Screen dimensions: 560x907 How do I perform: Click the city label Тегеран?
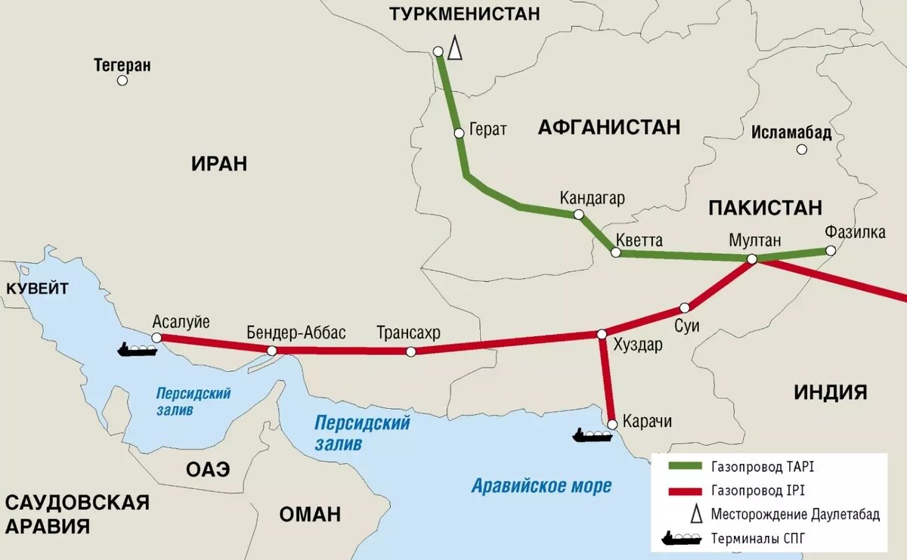point(122,65)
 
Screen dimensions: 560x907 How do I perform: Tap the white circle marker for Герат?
point(459,133)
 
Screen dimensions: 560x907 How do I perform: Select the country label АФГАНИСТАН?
point(609,127)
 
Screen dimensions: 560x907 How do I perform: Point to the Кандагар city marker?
point(579,215)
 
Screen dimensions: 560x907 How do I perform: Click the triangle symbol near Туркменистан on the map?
point(454,48)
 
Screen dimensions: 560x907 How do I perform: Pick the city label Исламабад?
point(791,134)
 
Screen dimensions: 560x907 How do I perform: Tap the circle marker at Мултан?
point(752,259)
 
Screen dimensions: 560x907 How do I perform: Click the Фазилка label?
point(856,232)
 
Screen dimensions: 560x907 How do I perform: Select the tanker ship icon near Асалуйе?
point(137,349)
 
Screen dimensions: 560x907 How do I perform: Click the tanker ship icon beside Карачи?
point(592,435)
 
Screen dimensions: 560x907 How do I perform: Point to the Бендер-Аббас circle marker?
point(271,351)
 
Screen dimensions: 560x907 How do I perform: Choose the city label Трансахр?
point(408,333)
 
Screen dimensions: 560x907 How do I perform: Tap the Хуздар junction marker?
point(602,334)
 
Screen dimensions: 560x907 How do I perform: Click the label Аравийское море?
point(541,486)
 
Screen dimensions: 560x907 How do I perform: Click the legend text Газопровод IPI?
point(757,491)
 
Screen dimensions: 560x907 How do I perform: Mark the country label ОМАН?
point(310,515)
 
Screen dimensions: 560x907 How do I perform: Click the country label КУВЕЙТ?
point(38,288)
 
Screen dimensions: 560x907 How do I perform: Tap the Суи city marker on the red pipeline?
point(685,308)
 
